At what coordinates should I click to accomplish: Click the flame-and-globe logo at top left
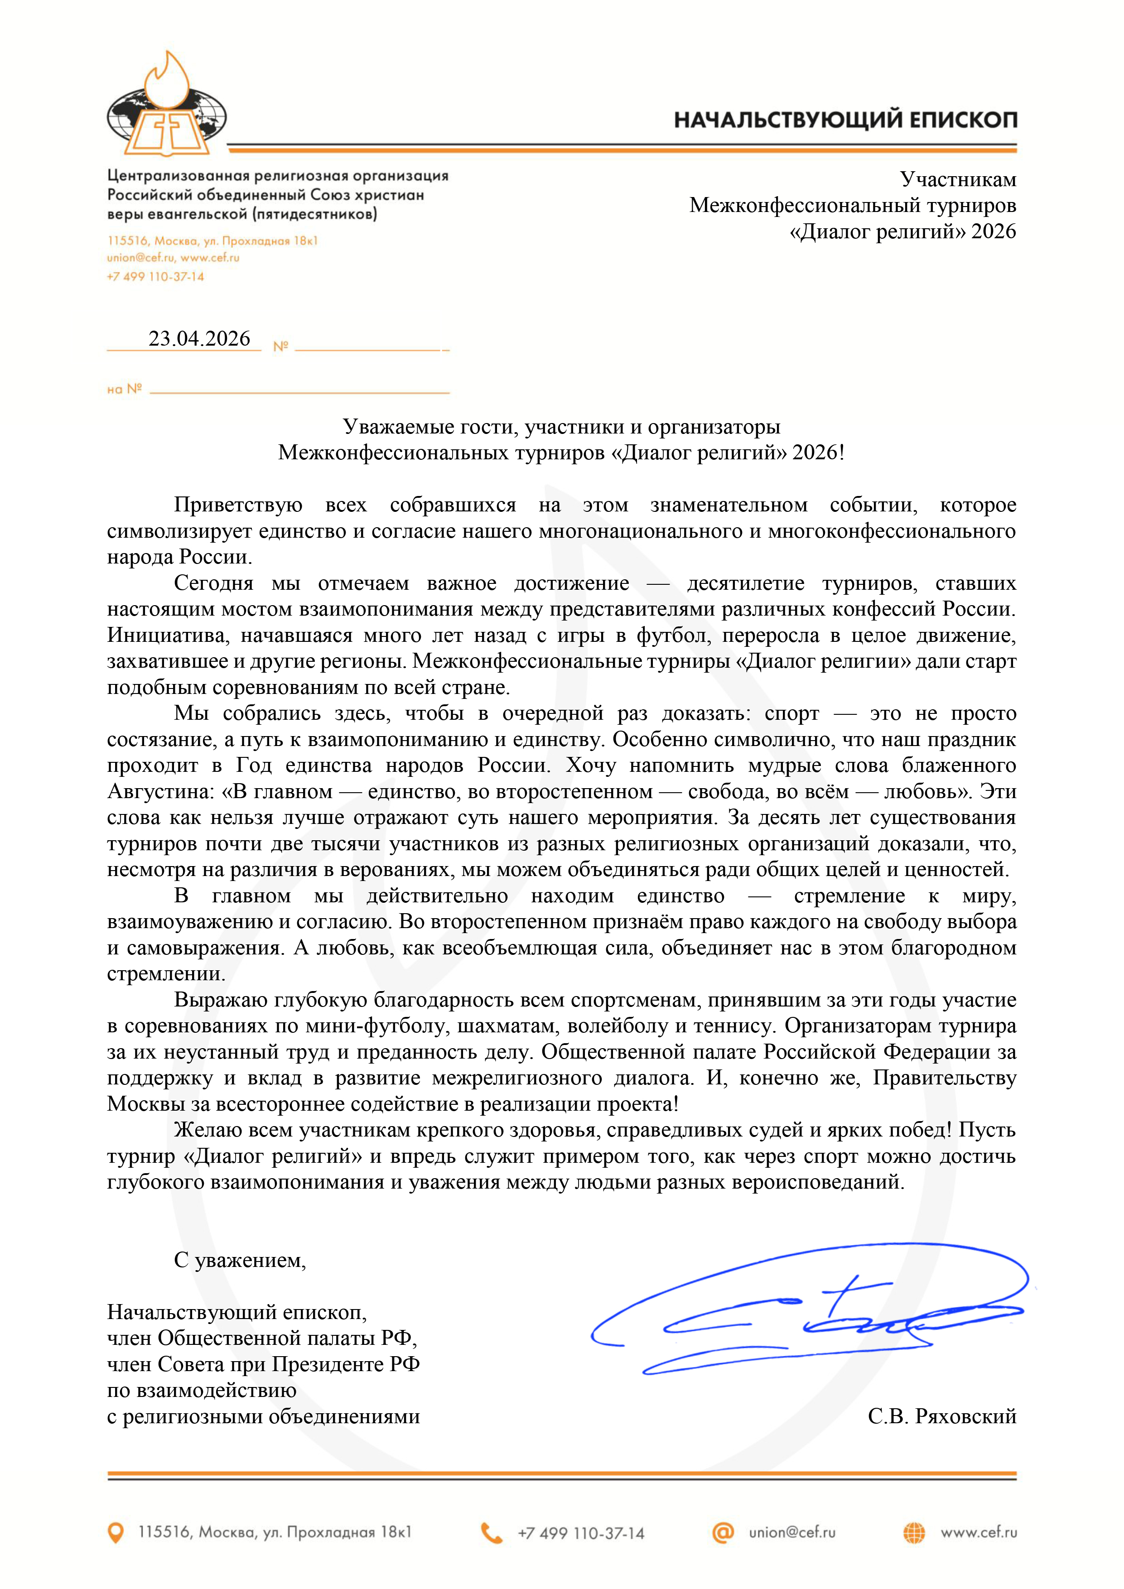(167, 104)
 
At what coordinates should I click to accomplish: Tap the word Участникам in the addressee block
(958, 179)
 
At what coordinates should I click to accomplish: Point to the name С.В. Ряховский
(942, 1416)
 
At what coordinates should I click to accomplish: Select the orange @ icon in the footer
(723, 1532)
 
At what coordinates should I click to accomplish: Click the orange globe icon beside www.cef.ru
(914, 1533)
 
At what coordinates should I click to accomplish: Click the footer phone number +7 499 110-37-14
(581, 1533)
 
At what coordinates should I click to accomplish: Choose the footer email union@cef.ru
(792, 1532)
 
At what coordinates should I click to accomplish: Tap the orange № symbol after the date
(280, 347)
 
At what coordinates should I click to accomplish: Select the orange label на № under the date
(125, 389)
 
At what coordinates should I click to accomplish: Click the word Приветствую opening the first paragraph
(238, 505)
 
